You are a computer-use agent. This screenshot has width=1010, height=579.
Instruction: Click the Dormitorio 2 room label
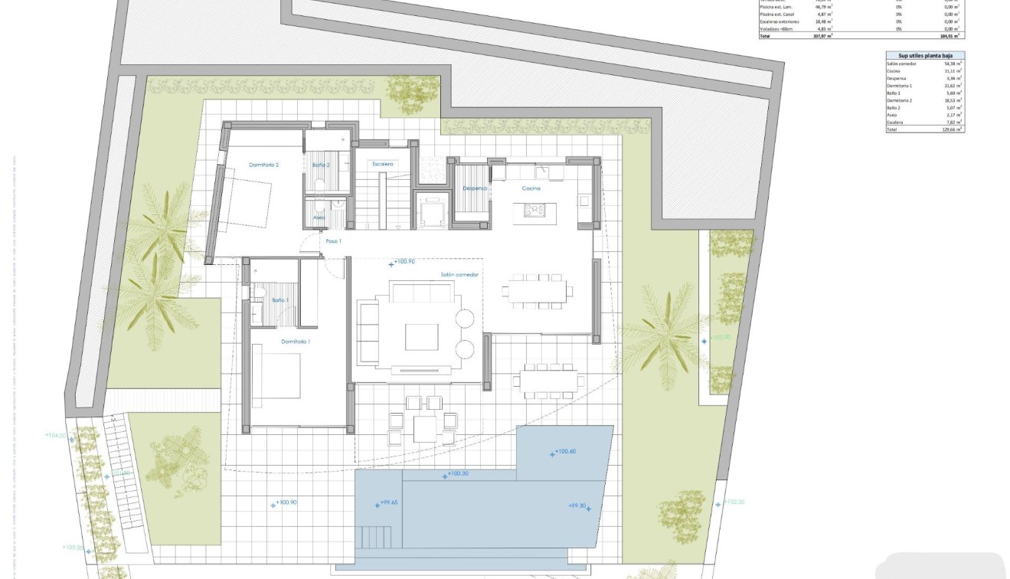(x=263, y=165)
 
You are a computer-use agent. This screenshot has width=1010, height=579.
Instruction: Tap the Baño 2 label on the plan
(x=320, y=165)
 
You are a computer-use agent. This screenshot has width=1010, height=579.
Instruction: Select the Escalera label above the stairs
(x=382, y=164)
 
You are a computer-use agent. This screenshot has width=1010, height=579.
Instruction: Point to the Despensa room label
(x=474, y=188)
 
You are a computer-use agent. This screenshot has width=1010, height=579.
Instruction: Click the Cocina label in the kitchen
(x=531, y=188)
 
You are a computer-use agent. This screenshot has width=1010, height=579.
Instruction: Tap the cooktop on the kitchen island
(x=533, y=208)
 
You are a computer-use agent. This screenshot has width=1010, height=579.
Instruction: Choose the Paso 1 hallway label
(x=333, y=241)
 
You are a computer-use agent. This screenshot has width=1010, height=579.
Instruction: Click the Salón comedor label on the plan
(x=459, y=274)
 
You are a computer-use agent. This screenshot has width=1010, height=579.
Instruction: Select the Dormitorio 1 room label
(x=296, y=341)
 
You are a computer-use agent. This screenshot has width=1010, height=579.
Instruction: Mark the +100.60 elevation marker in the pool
(x=564, y=452)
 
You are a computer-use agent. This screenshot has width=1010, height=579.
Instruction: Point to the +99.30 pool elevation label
(x=577, y=505)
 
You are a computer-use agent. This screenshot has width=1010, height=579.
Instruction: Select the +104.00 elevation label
(x=56, y=435)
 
